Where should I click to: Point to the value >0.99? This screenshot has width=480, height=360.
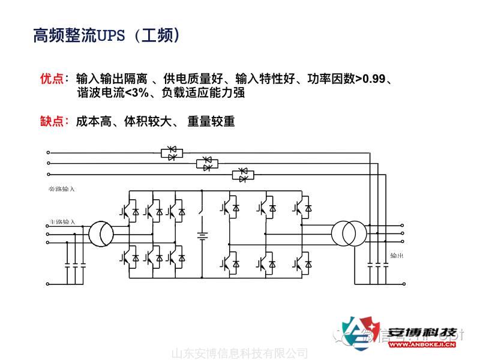pyautogui.click(x=370, y=79)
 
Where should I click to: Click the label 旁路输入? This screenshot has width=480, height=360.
pyautogui.click(x=61, y=189)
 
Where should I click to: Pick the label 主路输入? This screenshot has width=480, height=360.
pyautogui.click(x=61, y=221)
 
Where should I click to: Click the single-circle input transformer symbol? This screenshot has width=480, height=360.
pyautogui.click(x=101, y=233)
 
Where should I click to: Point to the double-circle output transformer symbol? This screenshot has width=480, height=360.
pyautogui.click(x=349, y=233)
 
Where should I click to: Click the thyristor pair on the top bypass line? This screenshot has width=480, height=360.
pyautogui.click(x=172, y=153)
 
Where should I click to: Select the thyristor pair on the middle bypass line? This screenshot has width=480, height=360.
pyautogui.click(x=207, y=163)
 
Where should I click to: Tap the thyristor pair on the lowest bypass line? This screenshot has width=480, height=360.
pyautogui.click(x=242, y=175)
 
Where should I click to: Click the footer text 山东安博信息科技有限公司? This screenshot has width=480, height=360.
pyautogui.click(x=239, y=353)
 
